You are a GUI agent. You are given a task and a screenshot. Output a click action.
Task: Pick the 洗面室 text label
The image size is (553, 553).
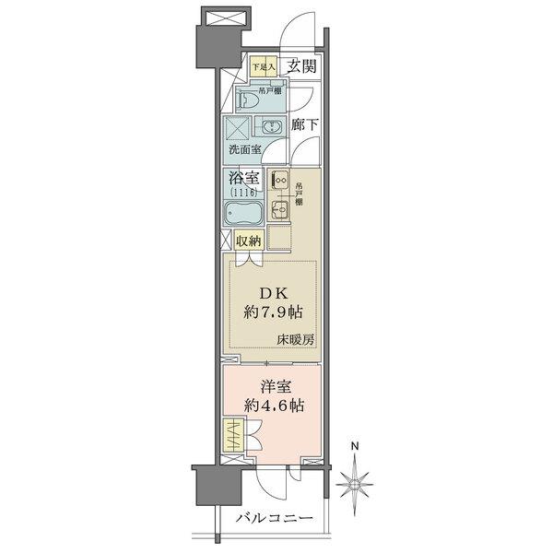pos(244,149)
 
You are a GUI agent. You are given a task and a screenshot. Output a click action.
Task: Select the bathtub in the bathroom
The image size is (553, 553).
pos(243,215)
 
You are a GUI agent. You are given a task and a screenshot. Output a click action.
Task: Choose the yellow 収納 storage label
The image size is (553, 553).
pos(248,241)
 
